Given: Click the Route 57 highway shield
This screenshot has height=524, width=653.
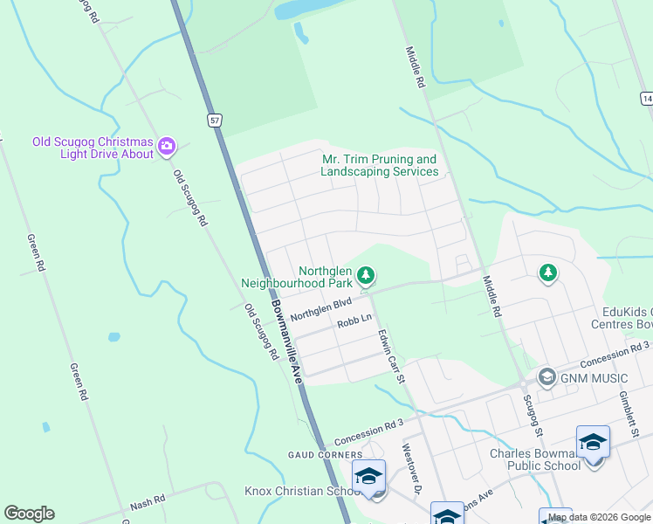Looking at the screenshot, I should [x=214, y=120].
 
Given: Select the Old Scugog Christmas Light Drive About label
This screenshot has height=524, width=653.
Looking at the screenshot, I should [x=93, y=148].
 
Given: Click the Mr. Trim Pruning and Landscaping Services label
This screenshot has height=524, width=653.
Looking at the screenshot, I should [x=379, y=166].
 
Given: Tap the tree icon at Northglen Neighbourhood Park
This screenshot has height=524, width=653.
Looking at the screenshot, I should [x=366, y=276].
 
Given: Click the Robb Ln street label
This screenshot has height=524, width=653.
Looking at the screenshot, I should [x=354, y=322].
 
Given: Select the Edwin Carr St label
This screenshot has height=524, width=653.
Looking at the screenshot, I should [x=392, y=355].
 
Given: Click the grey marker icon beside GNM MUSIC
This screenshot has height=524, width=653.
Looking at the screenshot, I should [x=547, y=377].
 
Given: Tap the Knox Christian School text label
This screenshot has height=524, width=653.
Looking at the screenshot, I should [x=297, y=491].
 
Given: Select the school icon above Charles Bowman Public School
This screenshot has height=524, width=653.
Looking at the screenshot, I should [x=593, y=443].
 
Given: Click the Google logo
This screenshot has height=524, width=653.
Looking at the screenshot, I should [x=29, y=514].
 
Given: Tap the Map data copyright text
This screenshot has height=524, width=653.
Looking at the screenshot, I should [x=600, y=518].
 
